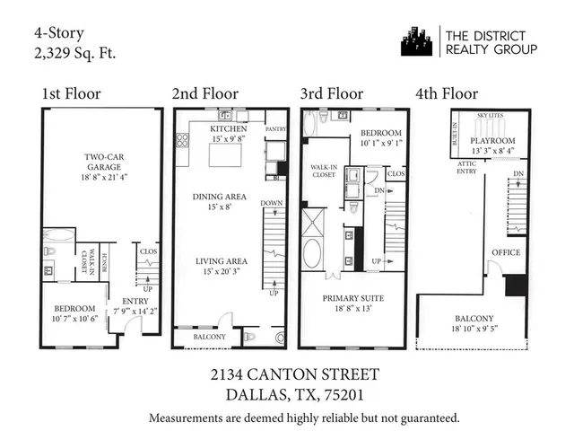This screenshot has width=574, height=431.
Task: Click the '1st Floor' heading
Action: [x=71, y=93]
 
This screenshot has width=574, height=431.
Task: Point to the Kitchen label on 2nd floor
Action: [x=229, y=129]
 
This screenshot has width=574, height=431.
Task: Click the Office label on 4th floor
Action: [x=506, y=252]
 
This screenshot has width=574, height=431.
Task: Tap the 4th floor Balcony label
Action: [x=474, y=318]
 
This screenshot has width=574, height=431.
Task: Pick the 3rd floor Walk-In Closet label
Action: [x=323, y=171]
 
